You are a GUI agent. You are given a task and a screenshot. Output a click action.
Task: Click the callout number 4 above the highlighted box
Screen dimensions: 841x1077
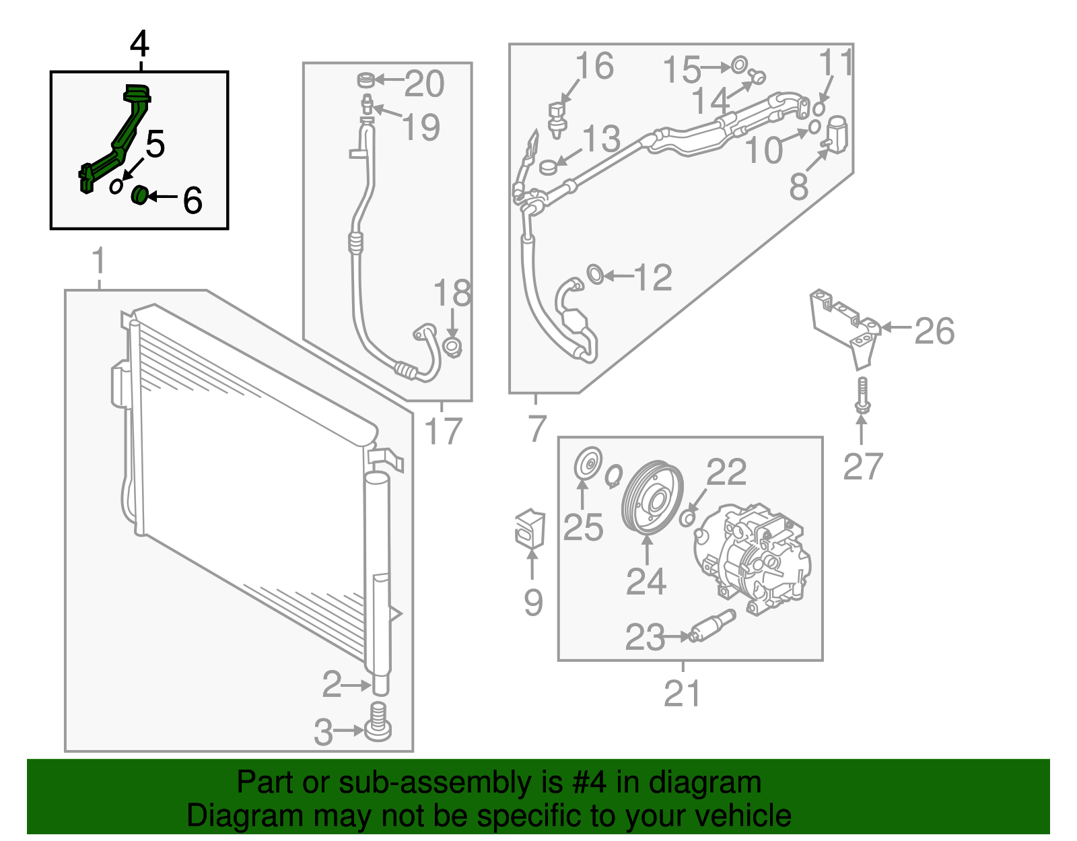[139, 44]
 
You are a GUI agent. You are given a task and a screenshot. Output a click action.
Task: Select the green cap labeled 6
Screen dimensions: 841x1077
[140, 195]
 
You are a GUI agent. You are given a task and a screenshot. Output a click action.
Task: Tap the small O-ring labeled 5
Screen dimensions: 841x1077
[116, 185]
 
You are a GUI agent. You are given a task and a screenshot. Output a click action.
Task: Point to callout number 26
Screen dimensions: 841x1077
[934, 331]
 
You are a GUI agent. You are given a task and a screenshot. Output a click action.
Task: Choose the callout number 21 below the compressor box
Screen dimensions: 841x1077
[683, 693]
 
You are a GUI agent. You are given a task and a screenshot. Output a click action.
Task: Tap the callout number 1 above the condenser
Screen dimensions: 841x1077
[99, 261]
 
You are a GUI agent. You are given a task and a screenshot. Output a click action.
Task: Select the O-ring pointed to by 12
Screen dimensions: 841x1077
[595, 274]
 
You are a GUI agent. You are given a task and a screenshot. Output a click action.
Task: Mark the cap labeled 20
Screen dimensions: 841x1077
[366, 80]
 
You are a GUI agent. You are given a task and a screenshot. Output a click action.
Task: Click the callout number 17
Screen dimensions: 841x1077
[443, 431]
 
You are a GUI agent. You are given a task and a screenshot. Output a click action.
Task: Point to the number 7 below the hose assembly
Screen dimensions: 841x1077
[536, 428]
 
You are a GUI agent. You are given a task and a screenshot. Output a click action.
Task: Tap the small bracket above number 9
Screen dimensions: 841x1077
[530, 527]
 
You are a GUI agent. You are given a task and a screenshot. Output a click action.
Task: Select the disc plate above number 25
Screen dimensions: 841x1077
[588, 464]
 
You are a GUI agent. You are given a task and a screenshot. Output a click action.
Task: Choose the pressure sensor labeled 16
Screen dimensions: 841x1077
[557, 117]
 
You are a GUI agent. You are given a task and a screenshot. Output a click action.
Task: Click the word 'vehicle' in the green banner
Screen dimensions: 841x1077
[743, 816]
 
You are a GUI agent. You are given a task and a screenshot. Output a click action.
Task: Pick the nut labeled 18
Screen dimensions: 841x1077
[453, 348]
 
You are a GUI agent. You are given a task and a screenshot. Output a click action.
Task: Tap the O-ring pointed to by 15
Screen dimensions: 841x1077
[738, 65]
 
